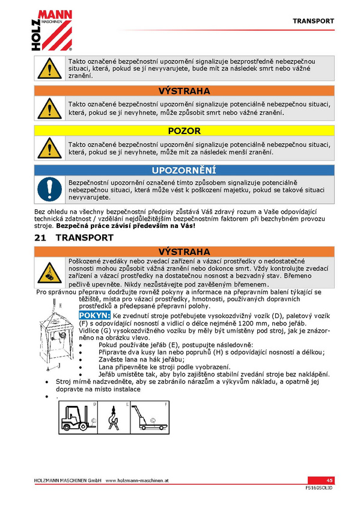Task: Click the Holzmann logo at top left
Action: [52, 30]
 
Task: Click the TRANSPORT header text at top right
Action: [313, 21]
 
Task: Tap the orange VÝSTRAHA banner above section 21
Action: [185, 252]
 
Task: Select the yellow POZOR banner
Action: [185, 131]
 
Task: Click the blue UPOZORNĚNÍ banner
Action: [185, 170]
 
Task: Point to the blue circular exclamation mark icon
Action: [50, 189]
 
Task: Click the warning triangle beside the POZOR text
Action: [50, 148]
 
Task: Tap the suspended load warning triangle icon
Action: [50, 272]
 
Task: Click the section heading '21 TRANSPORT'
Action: [74, 238]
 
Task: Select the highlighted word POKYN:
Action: [94, 316]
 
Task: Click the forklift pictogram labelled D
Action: [78, 417]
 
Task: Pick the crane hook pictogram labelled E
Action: [114, 417]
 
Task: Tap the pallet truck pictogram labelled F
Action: [150, 417]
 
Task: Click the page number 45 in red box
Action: [329, 481]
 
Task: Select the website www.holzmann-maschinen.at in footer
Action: [137, 481]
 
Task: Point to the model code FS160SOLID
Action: [319, 488]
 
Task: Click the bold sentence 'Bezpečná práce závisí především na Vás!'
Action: [126, 226]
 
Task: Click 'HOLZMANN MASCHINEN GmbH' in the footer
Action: [67, 481]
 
